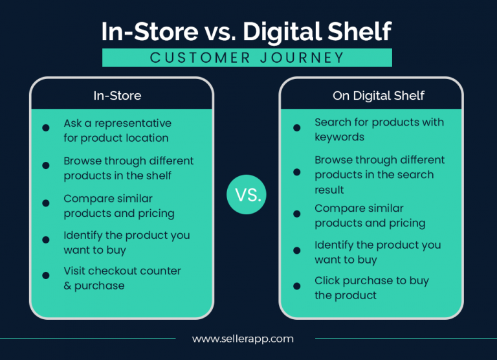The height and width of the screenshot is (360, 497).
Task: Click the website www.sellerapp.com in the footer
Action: pyautogui.click(x=243, y=339)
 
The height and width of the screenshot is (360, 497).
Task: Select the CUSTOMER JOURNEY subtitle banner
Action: pyautogui.click(x=247, y=58)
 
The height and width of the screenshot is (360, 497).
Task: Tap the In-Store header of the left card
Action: pyautogui.click(x=117, y=96)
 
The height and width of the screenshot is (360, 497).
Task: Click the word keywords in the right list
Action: pyautogui.click(x=339, y=137)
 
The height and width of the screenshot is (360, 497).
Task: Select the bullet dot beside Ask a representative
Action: pyautogui.click(x=46, y=128)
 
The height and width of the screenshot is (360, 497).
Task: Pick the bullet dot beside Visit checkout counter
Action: pyautogui.click(x=46, y=276)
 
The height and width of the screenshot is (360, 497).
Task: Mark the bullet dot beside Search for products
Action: pyautogui.click(x=296, y=128)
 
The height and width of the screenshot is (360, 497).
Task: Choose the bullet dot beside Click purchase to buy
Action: pyautogui.click(x=296, y=286)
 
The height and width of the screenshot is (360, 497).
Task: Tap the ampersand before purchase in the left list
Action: pyautogui.click(x=67, y=286)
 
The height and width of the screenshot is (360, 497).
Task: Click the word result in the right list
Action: pyautogui.click(x=329, y=190)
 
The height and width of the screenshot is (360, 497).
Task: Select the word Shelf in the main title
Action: pyautogui.click(x=362, y=31)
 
